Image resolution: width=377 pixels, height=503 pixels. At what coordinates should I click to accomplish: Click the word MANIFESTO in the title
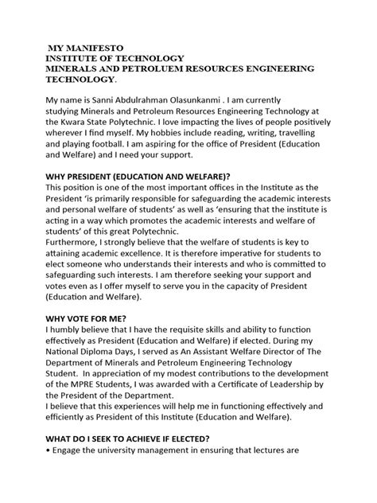click(95, 47)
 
